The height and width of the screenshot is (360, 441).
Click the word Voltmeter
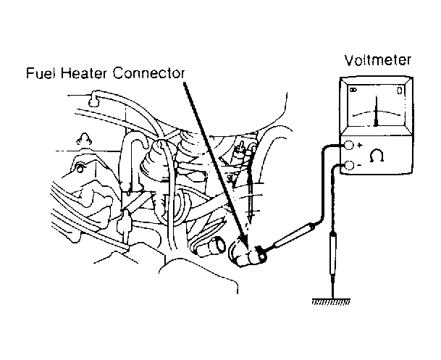378,60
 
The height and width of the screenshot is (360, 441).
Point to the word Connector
148,73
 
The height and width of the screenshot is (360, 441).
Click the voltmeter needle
377,111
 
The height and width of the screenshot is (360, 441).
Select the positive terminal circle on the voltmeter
349,145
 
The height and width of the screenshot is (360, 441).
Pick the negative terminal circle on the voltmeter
349,165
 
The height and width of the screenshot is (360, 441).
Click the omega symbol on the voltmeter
377,156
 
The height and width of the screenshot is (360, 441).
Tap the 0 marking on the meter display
400,91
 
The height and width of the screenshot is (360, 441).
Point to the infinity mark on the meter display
353,90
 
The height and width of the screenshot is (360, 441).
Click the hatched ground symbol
332,301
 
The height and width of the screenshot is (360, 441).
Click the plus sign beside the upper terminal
360,146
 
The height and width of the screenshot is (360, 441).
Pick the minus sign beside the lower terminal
359,165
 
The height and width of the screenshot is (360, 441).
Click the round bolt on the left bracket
80,168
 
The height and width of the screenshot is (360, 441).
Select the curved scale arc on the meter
377,113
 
